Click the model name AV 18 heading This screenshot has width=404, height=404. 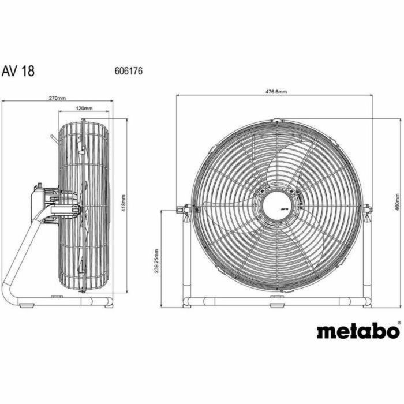tap(18, 72)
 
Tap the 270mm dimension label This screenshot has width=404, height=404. tap(57, 99)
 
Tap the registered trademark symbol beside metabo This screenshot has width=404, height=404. tap(399, 324)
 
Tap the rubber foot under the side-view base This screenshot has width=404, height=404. tap(57, 297)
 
